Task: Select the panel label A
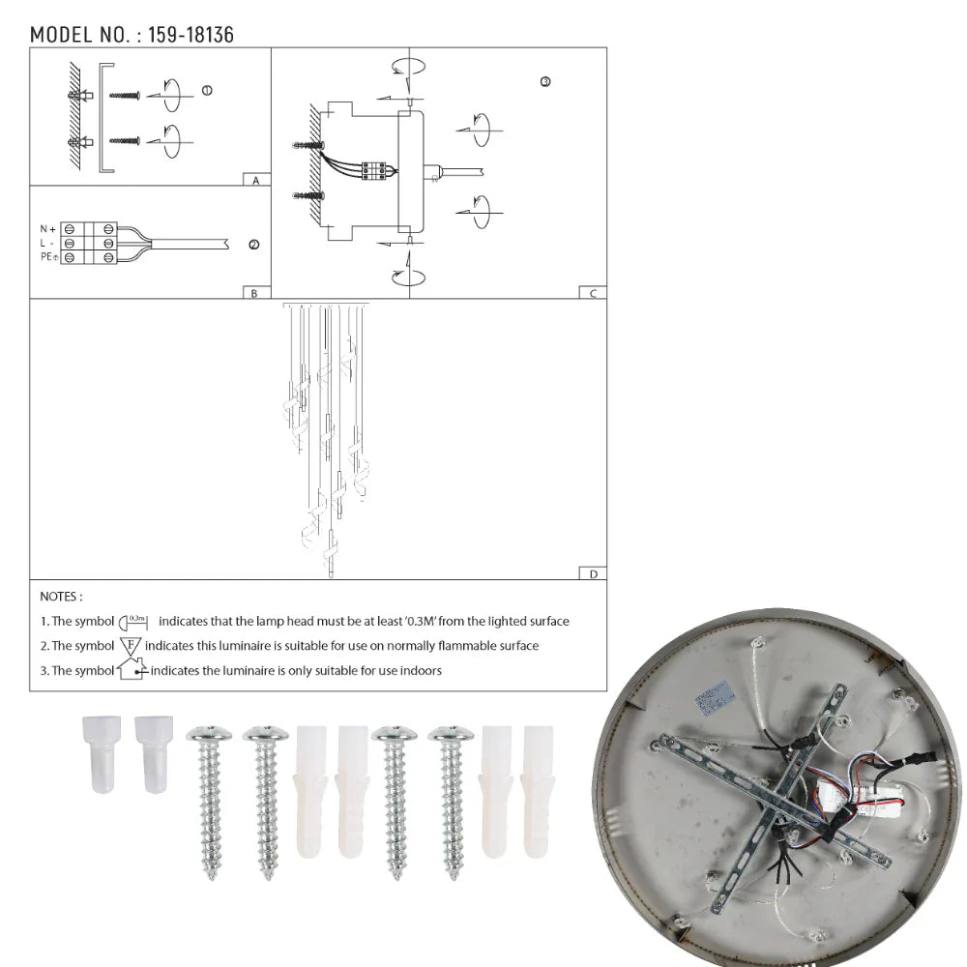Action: pyautogui.click(x=255, y=181)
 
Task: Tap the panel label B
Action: pyautogui.click(x=254, y=293)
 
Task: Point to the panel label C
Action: pyautogui.click(x=593, y=293)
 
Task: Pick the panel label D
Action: pyautogui.click(x=593, y=574)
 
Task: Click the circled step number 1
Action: pyautogui.click(x=207, y=90)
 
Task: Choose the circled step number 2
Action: pyautogui.click(x=253, y=245)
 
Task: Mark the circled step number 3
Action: pyautogui.click(x=545, y=82)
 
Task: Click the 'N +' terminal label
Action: pyautogui.click(x=47, y=229)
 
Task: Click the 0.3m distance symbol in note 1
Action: pyautogui.click(x=132, y=621)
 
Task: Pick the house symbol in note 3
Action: pyautogui.click(x=132, y=669)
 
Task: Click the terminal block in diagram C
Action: pyautogui.click(x=374, y=170)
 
